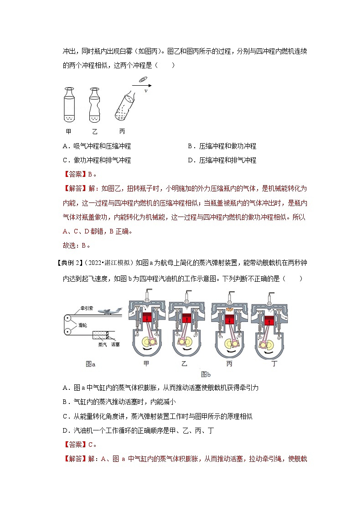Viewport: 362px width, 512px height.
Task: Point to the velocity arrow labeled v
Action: coord(142,85)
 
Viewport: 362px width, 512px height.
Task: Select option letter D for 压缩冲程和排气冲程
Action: coord(191,160)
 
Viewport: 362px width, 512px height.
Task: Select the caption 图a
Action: coord(91,363)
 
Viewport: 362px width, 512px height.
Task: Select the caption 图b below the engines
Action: coord(206,374)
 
